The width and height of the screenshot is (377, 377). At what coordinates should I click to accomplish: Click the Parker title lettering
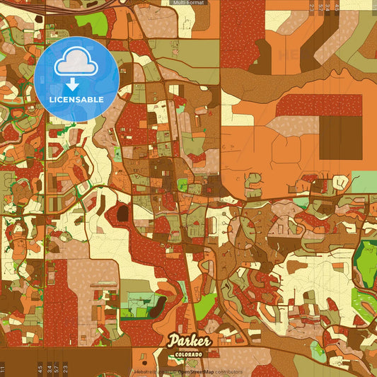coord(189,342)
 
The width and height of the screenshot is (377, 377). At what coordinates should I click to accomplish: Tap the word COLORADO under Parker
coord(189,354)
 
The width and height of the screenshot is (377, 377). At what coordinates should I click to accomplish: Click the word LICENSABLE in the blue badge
coord(76,99)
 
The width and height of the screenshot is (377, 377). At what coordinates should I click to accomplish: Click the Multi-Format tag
coord(188,3)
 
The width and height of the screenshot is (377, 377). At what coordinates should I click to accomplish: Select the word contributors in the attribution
coord(228,372)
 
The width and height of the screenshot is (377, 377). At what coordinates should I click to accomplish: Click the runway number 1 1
coord(3,369)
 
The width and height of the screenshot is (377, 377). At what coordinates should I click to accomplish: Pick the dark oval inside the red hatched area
coord(122,212)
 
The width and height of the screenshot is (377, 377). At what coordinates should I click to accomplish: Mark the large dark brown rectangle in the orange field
coord(340,138)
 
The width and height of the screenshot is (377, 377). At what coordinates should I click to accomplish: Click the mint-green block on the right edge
coord(364,181)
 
